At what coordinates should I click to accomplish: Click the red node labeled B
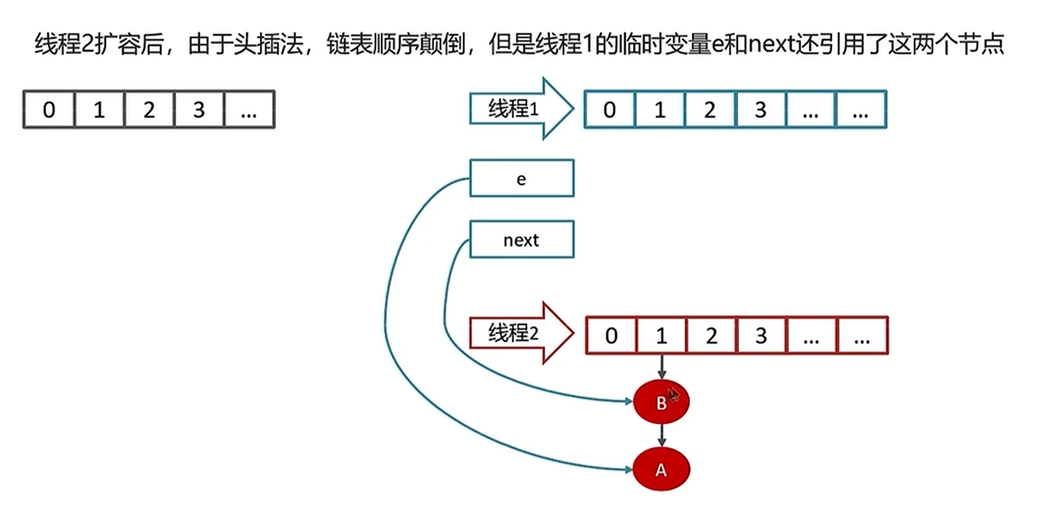[661, 402]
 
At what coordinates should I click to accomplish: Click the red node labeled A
[661, 470]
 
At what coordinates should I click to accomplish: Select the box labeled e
[522, 178]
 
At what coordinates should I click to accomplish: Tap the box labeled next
[522, 240]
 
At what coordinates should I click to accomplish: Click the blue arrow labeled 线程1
[520, 109]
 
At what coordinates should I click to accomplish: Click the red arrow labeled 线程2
[520, 333]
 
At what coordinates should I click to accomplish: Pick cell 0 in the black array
[49, 110]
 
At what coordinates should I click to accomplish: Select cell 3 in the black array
[199, 110]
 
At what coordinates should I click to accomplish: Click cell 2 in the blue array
[710, 110]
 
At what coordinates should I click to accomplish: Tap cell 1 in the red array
[661, 336]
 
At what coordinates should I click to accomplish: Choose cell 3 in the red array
[761, 336]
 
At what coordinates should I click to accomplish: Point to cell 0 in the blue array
[610, 110]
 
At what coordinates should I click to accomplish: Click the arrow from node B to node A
[661, 436]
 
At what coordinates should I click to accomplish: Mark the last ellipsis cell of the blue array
[860, 110]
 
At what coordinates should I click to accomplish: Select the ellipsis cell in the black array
[249, 110]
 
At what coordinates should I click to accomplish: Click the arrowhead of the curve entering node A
[628, 470]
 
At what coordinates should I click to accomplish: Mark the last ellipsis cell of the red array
[862, 336]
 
